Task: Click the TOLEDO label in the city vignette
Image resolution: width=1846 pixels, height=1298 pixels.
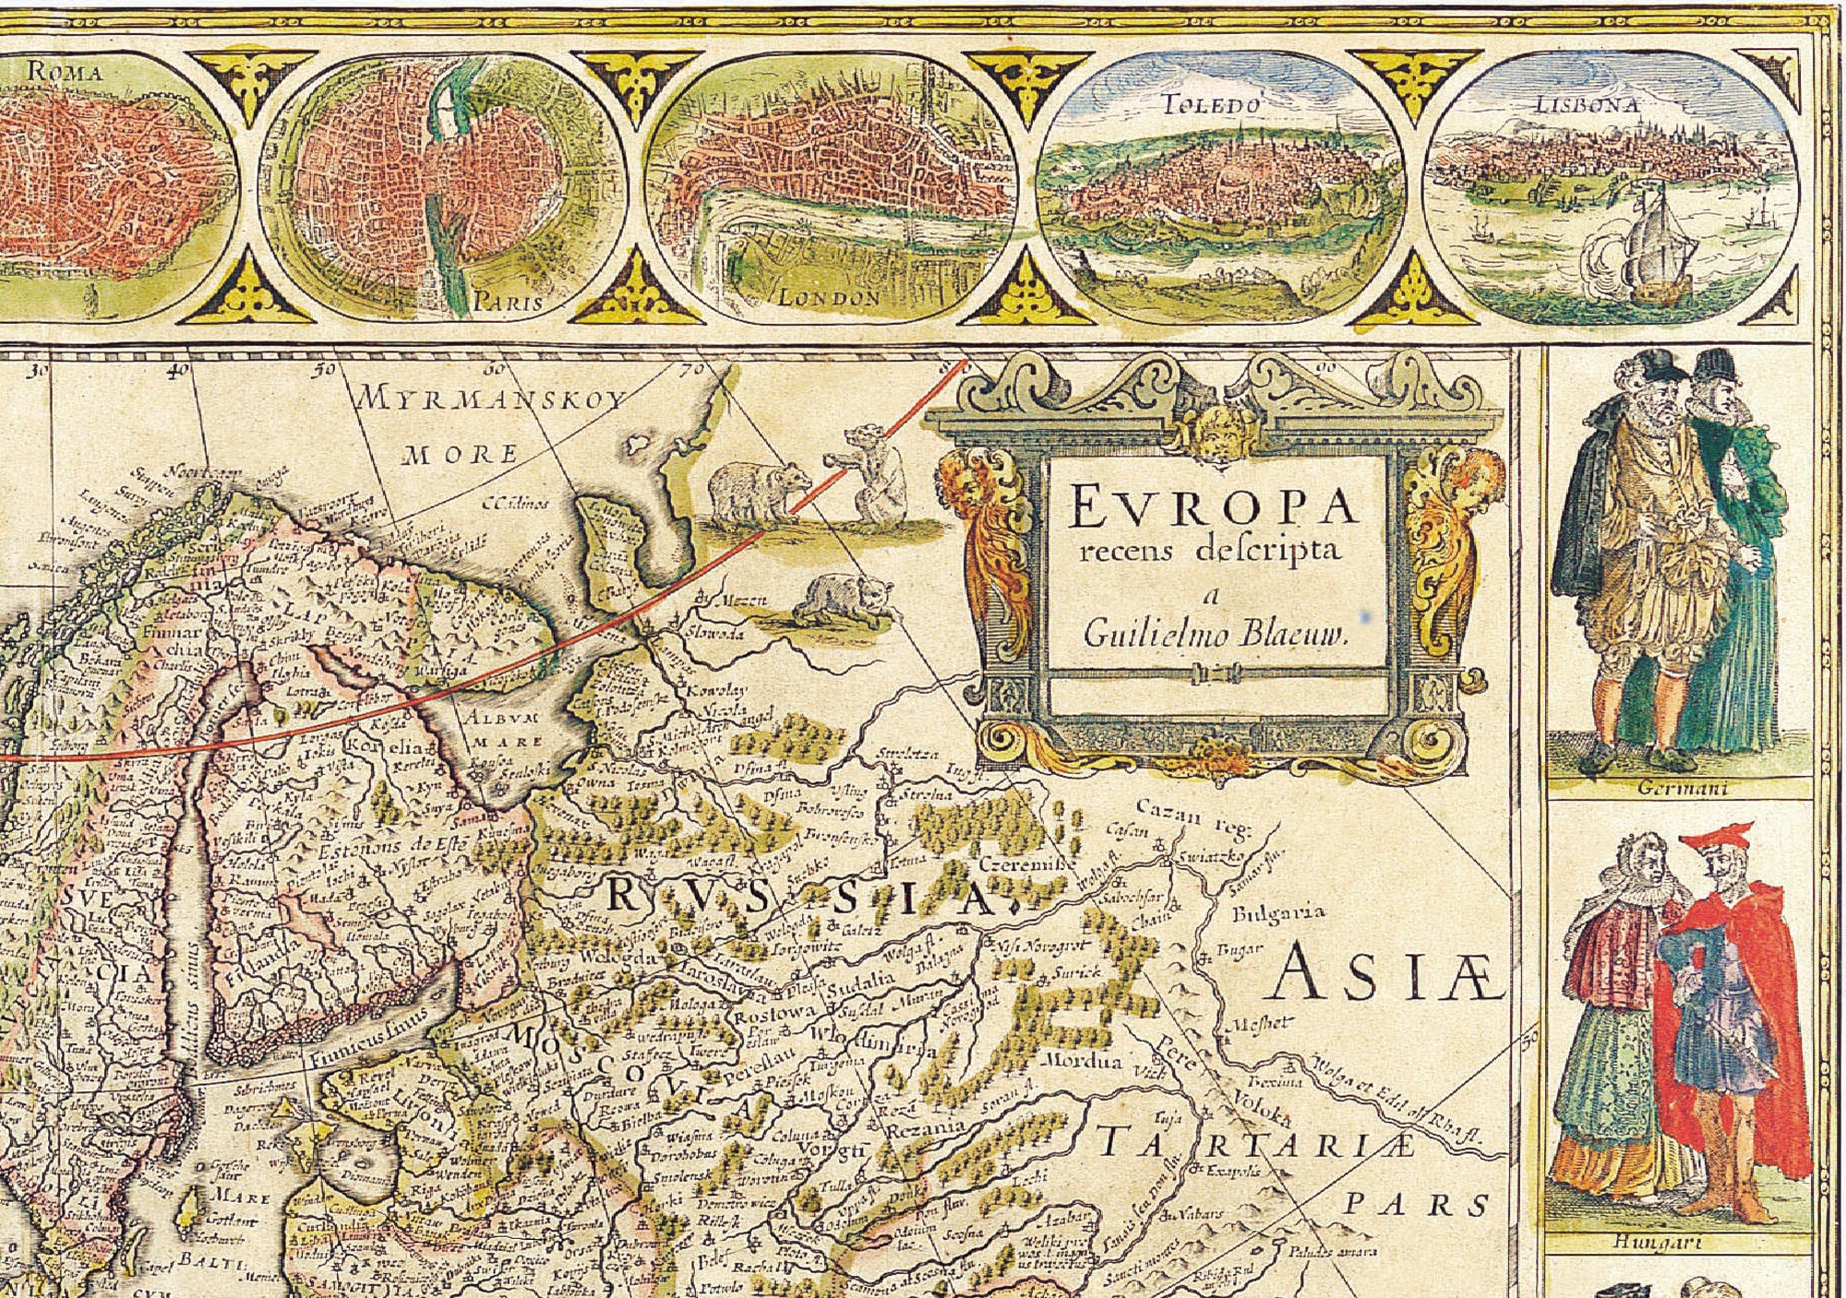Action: (x=1211, y=105)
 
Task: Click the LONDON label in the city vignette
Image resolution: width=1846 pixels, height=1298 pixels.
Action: (x=829, y=297)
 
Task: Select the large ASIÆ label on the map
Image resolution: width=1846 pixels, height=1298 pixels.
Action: (x=1382, y=976)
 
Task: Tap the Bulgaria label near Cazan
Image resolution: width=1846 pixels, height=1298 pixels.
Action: (x=1278, y=912)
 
